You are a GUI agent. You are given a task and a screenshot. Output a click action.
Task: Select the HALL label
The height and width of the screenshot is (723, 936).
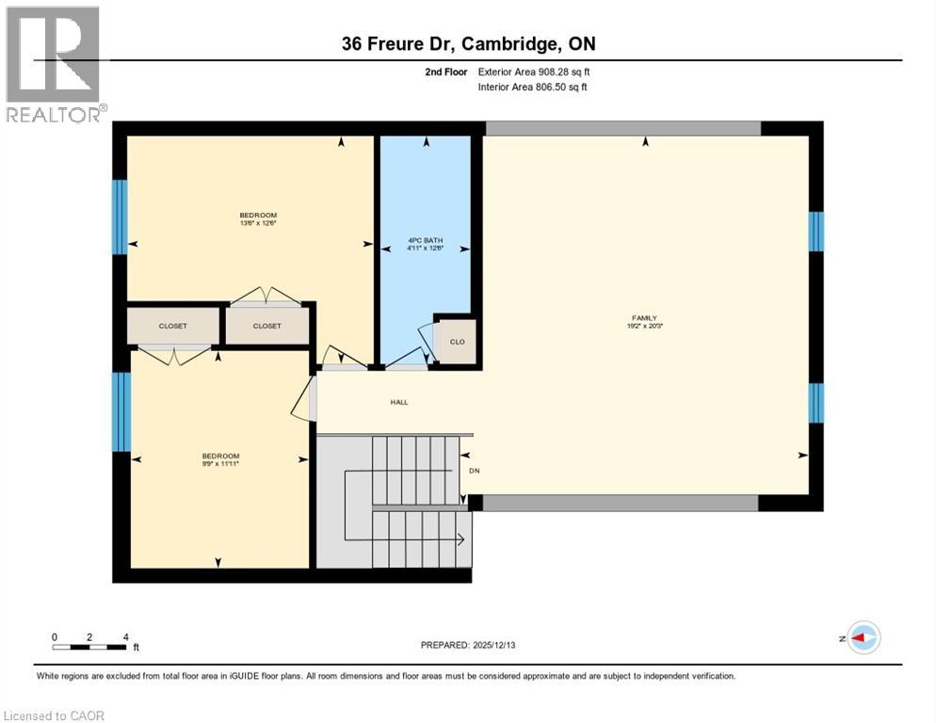click(399, 402)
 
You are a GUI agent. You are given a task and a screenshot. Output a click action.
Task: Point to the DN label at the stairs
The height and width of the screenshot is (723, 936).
click(474, 471)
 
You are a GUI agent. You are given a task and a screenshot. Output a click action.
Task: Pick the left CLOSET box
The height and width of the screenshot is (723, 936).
click(172, 326)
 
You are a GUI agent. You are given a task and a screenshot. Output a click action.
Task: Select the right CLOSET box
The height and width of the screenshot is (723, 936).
click(266, 326)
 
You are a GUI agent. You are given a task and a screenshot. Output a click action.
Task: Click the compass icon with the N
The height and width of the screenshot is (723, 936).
click(863, 637)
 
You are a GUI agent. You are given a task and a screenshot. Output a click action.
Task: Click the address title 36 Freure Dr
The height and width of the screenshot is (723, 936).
click(467, 44)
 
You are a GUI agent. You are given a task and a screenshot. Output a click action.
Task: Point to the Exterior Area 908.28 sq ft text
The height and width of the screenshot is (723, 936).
click(534, 72)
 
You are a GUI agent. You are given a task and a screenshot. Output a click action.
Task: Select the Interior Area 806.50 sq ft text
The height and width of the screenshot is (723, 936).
click(534, 87)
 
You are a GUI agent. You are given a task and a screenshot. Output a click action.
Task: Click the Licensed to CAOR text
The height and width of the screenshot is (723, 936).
click(56, 715)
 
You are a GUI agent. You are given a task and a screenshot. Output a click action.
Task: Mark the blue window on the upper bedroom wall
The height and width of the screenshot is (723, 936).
click(120, 217)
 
